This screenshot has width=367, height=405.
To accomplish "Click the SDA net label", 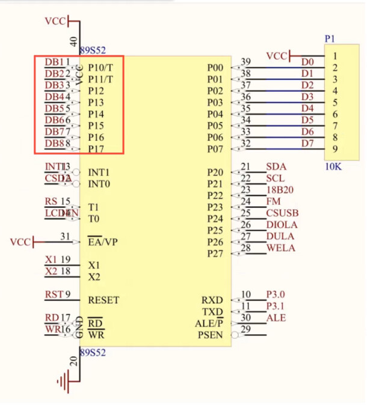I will pos(276,166).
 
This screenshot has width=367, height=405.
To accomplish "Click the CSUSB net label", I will pos(282,213).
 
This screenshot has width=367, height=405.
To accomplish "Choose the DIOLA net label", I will pos(282,225).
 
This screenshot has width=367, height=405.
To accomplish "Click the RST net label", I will pos(54,294).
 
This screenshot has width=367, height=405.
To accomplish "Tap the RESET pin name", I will pos(103,300).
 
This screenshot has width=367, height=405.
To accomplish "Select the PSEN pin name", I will pos(211,335).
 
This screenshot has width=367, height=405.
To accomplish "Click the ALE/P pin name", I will pos(209,323).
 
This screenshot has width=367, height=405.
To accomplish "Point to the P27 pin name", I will pos(215,254).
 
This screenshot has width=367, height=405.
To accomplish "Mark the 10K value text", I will pos(333,167).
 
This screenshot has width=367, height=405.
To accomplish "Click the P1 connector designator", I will pos(330,38).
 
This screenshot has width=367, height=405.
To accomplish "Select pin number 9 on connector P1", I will pos(335,148).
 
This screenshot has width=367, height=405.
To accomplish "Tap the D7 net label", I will pos(307,143).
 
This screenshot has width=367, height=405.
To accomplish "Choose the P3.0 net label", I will pos(276,294).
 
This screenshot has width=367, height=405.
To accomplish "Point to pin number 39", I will pos(245,62).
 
